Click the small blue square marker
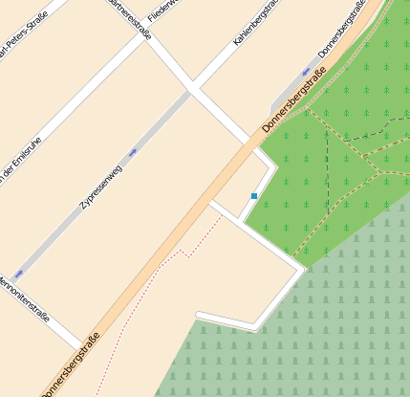(x=254, y=196)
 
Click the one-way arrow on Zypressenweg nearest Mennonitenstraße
(x=20, y=275)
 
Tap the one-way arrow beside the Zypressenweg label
(x=132, y=151)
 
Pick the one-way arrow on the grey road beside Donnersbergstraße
(x=307, y=71)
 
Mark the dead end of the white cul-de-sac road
(x=198, y=315)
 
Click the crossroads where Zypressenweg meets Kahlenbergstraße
(x=191, y=89)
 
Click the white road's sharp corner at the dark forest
(x=303, y=271)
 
